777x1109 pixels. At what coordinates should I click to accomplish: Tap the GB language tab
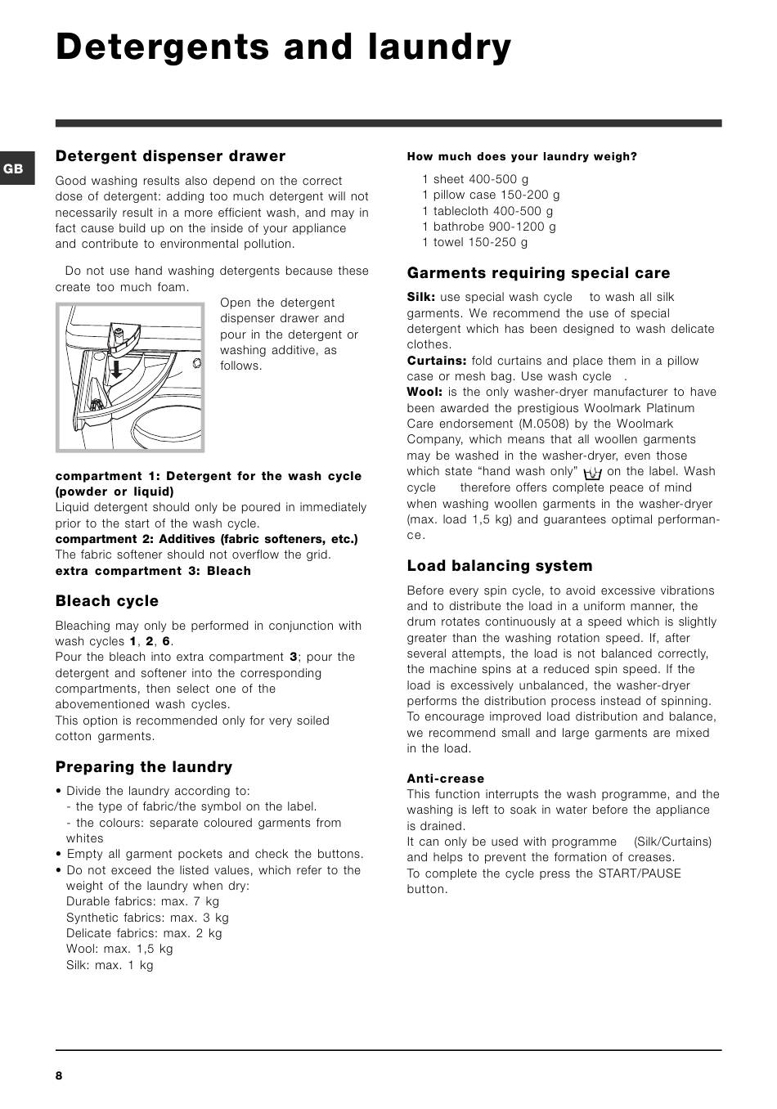coord(14,169)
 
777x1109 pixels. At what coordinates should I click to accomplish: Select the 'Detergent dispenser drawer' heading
coord(170,156)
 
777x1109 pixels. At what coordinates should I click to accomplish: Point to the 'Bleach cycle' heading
coord(107,601)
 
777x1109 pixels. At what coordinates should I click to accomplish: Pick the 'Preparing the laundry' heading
coord(144,767)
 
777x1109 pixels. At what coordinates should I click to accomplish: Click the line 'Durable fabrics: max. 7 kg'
coord(142,901)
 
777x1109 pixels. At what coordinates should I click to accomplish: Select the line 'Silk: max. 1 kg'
coord(110,965)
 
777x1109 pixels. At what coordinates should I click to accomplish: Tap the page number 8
coord(59,1075)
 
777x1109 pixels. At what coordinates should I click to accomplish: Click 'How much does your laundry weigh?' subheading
coord(522,157)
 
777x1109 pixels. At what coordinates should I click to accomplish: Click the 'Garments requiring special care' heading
coord(538,273)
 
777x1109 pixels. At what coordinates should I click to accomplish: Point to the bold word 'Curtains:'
coord(438,361)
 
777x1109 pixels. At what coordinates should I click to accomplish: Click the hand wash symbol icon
coord(593,473)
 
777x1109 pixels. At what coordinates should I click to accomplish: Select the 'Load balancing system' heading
coord(500,566)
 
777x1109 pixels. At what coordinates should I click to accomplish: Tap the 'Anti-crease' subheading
coord(446,779)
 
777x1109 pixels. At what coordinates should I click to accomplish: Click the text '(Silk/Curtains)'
coord(672,842)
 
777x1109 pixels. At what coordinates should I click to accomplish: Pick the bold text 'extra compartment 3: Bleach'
coord(153,571)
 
